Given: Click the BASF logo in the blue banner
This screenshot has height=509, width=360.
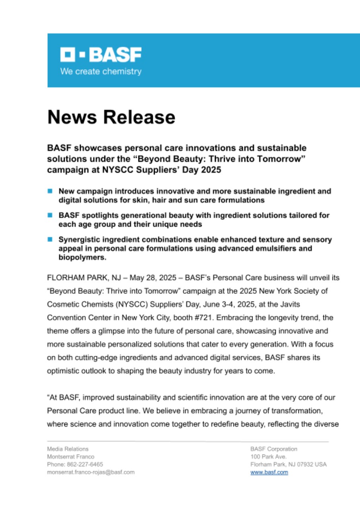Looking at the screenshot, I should pos(101,55).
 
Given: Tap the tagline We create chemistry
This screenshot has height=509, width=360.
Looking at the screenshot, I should pos(101,72).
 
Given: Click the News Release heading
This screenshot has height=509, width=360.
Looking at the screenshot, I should pos(111,117).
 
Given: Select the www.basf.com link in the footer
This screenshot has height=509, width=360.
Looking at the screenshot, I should pos(269,472).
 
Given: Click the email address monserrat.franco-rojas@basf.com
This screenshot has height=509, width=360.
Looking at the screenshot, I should pos(91,472).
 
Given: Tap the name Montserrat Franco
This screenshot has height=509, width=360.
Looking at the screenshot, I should pos(71,457).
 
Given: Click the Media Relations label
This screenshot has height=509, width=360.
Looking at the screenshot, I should pos(68,449).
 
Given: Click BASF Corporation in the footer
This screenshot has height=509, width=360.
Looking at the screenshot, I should pos(274,449).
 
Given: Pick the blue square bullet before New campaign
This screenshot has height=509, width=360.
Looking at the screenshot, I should pos(50,191).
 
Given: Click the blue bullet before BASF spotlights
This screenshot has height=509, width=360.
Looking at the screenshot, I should pos(50,216).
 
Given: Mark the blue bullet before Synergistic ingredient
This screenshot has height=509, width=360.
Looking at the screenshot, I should pos(50,240).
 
